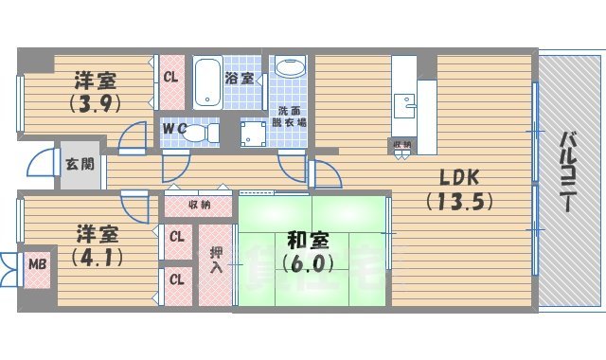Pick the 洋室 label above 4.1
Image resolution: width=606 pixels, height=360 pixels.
[x=98, y=232]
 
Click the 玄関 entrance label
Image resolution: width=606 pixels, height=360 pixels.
[x=79, y=163]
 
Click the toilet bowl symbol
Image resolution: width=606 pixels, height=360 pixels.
[x=198, y=134]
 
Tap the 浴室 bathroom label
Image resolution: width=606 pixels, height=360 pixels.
[x=239, y=79]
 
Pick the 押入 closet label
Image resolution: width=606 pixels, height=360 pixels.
[x=215, y=260]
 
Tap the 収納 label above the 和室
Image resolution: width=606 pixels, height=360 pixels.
[x=199, y=205]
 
